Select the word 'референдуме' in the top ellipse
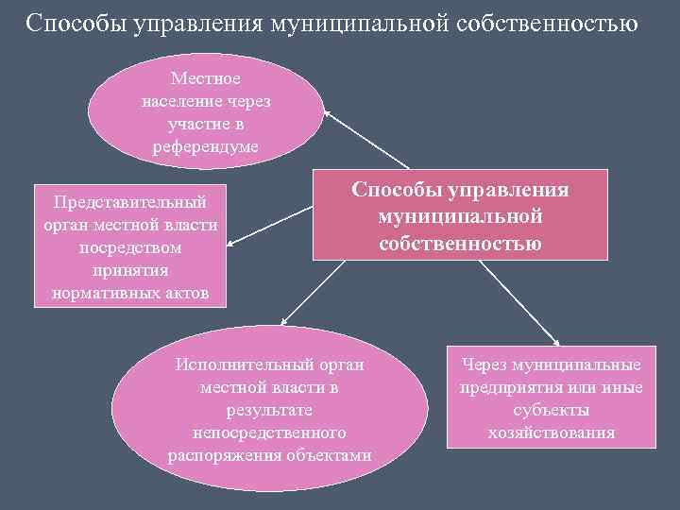pos(205,146)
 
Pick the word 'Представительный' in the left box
pos(130,202)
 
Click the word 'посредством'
pos(130,247)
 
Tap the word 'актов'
pos(193,293)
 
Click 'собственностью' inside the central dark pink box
pos(461,244)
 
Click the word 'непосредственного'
pos(270,433)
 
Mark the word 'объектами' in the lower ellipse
pos(327,455)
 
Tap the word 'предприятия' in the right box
pos(507,388)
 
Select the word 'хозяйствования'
pos(552,433)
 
